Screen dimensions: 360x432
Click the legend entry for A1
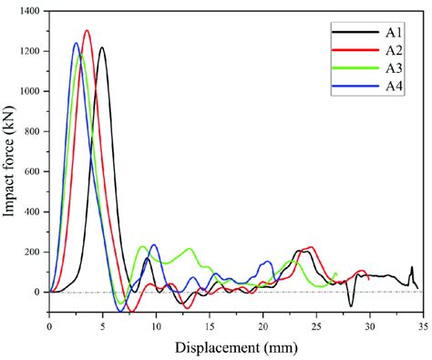coord(382,31)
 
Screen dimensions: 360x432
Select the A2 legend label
coord(382,49)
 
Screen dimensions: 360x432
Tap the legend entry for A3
coord(382,67)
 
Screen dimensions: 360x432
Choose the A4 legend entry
coord(382,86)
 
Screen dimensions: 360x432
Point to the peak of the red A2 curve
coord(87,31)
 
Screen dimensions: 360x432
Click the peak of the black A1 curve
coord(101,47)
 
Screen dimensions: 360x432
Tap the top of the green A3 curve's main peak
coord(80,55)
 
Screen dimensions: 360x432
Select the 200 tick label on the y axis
coord(33,252)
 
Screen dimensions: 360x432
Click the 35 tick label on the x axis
coord(423,324)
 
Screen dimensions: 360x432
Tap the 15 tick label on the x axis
coord(210,324)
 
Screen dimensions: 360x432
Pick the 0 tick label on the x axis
coord(49,324)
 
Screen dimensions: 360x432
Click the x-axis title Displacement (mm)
coord(236,347)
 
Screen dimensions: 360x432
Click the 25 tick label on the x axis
coord(316,324)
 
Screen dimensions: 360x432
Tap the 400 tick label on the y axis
coord(33,211)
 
